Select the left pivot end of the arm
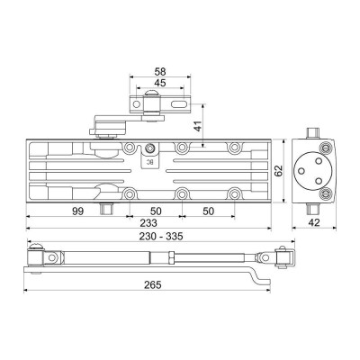38,259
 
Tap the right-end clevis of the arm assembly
280,257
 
